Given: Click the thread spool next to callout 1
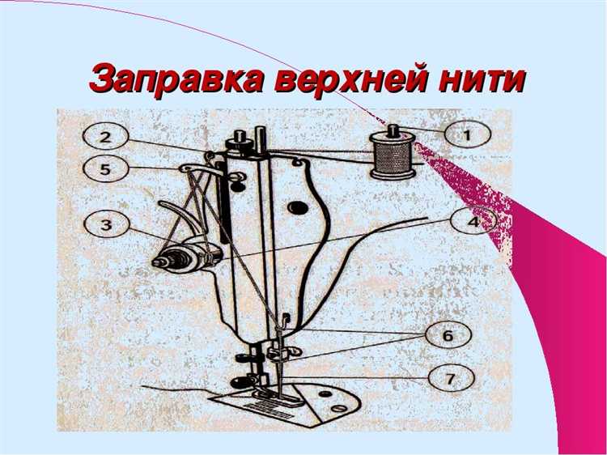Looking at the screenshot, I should pyautogui.click(x=392, y=157).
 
